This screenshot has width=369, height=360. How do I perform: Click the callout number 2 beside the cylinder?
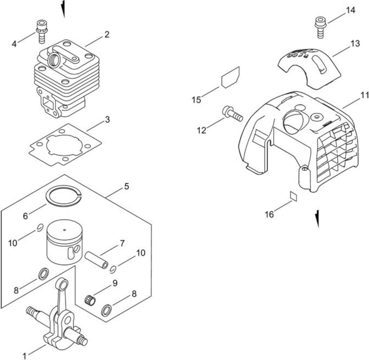(x=107, y=35)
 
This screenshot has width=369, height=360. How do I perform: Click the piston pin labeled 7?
(x=97, y=260)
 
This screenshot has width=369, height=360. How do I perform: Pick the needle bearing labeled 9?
(x=90, y=300)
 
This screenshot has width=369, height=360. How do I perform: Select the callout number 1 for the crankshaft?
(x=24, y=356)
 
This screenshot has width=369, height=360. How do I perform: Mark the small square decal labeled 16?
(x=294, y=197)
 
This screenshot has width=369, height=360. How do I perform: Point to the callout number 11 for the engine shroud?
(x=364, y=95)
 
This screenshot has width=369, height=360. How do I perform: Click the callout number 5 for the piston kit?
(x=127, y=187)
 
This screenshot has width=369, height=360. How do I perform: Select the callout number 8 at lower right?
(x=134, y=294)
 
